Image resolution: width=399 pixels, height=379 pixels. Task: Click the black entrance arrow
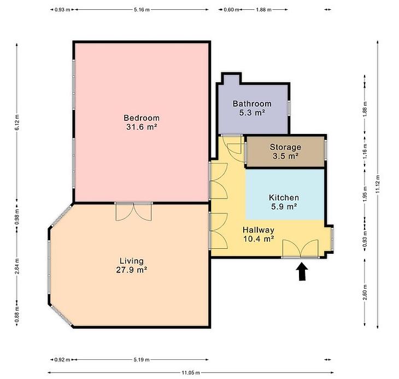pyautogui.click(x=302, y=272)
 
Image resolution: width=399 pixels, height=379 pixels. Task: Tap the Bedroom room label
pyautogui.click(x=142, y=122)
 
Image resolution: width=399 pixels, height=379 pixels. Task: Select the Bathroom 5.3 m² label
pyautogui.click(x=252, y=108)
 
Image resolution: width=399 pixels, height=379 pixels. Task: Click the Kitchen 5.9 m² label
pyautogui.click(x=284, y=202)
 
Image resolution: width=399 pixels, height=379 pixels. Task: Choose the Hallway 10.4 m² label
pyautogui.click(x=259, y=234)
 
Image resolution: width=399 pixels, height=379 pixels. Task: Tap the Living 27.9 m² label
pyautogui.click(x=132, y=265)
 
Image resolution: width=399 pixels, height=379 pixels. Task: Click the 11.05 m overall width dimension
pyautogui.click(x=191, y=372)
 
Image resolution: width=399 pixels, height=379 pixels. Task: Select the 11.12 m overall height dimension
pyautogui.click(x=378, y=184)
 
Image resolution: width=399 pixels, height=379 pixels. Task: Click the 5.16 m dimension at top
pyautogui.click(x=142, y=10)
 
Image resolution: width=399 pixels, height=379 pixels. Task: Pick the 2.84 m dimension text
pyautogui.click(x=17, y=266)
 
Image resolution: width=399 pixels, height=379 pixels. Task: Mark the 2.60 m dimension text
pyautogui.click(x=365, y=291)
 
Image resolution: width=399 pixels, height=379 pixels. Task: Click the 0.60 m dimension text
pyautogui.click(x=231, y=10)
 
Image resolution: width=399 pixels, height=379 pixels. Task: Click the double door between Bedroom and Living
pyautogui.click(x=133, y=211)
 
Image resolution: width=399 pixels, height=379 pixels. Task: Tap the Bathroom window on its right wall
pyautogui.click(x=289, y=108)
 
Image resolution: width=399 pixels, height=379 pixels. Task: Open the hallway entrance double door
pyautogui.click(x=301, y=249)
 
